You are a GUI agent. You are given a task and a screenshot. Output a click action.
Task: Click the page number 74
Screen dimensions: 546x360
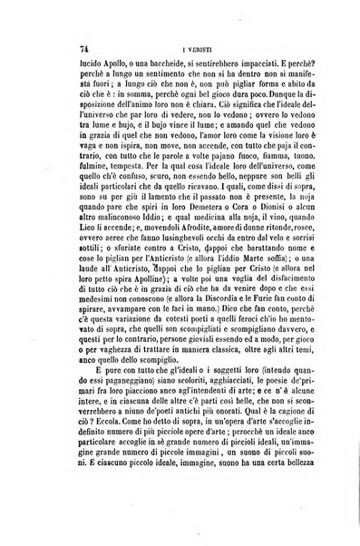tap(73, 53)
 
